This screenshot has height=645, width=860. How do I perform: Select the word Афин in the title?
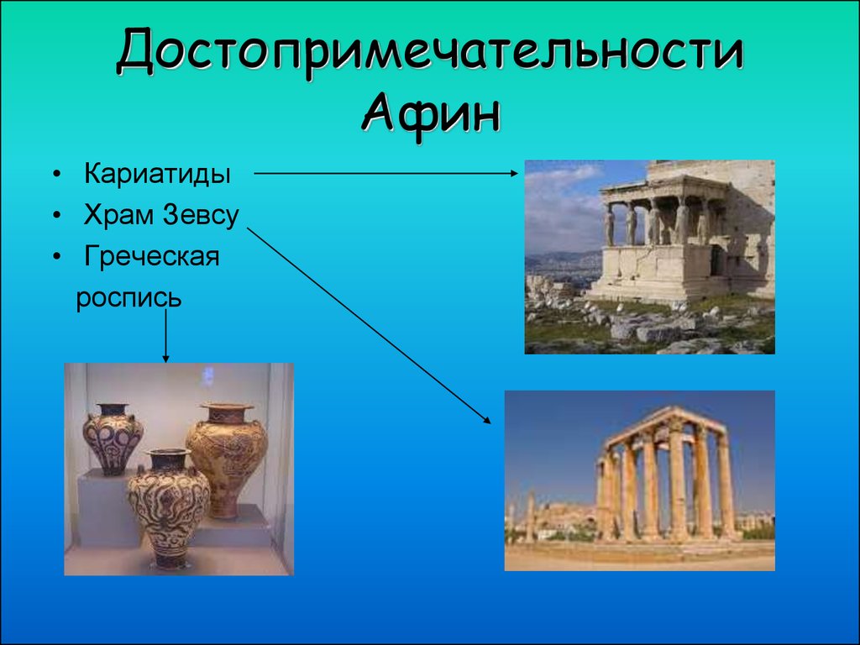[x=431, y=113]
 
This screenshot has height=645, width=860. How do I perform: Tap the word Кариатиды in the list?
[x=157, y=175]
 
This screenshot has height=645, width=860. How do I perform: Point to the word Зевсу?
[x=200, y=216]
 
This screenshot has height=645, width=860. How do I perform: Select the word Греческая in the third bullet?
[x=152, y=257]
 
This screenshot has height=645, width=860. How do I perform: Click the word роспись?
[x=128, y=298]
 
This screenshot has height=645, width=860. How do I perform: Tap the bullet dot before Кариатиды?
[x=58, y=175]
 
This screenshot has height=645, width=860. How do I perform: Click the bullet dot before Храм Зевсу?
[x=58, y=216]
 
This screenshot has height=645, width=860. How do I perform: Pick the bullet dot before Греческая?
[x=58, y=257]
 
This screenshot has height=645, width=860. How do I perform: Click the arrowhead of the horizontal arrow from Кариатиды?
[x=514, y=173]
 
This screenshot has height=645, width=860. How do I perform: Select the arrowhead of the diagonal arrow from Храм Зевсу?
[x=487, y=420]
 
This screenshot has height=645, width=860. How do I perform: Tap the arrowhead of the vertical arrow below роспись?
[x=165, y=359]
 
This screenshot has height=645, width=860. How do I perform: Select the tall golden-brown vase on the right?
[x=227, y=459]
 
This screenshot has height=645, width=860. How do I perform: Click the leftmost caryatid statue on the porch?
[x=610, y=223]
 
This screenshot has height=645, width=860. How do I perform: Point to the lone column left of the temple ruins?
[x=531, y=516]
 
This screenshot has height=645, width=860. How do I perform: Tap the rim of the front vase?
[x=169, y=453]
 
